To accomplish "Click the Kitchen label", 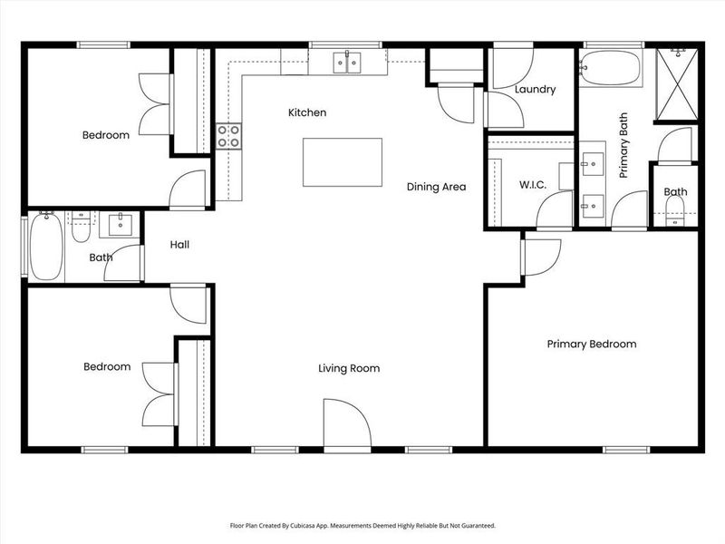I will (306, 112).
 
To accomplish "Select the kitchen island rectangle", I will (342, 161).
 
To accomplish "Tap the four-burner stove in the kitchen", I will (228, 136).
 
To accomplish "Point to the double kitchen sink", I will (346, 62).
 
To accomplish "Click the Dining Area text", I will (436, 187).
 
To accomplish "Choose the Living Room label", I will (348, 368).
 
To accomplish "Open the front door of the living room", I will (347, 424).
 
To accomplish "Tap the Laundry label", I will (534, 90).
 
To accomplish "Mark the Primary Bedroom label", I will (591, 344).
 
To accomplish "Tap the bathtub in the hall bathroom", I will (45, 246).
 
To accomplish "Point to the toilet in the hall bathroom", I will (82, 228).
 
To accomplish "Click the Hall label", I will (179, 245).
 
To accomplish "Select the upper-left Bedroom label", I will (106, 135).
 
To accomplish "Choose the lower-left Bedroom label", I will (107, 367).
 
